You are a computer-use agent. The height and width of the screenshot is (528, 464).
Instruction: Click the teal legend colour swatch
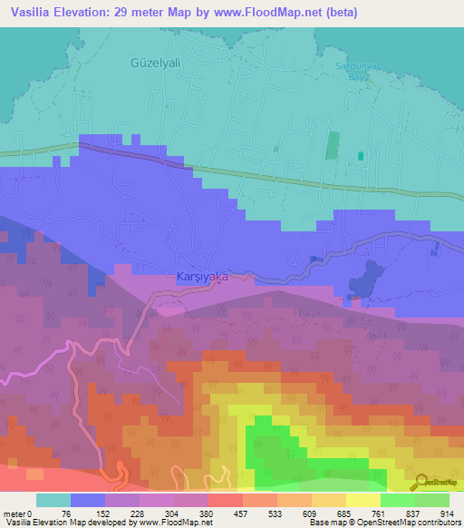point(53,500)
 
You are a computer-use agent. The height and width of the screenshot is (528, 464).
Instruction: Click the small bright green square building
point(361,155)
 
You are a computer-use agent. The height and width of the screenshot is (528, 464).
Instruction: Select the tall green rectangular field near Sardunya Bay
point(331,149)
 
